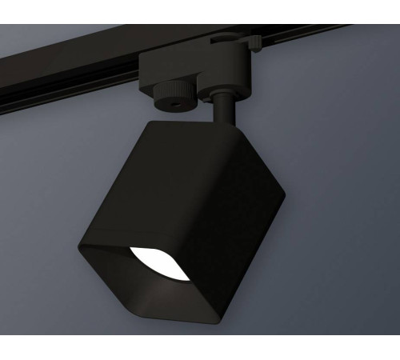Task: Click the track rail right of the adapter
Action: pos(320,36)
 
